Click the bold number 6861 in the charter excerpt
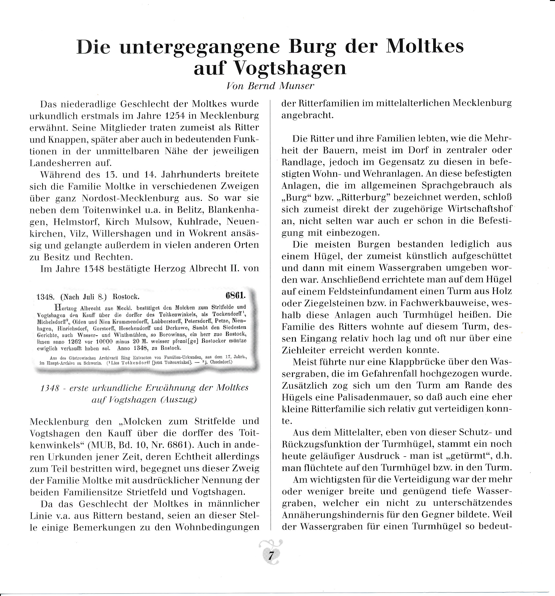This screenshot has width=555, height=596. pos(235,295)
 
